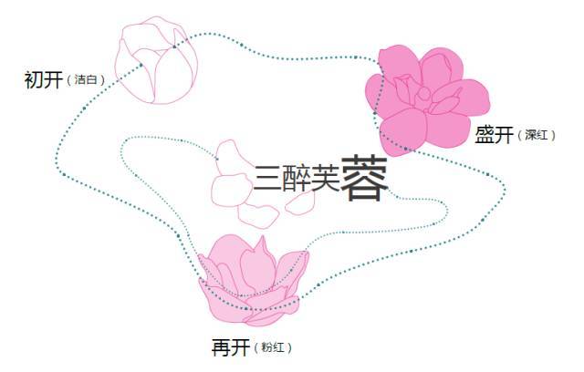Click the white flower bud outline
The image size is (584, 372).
[156, 60]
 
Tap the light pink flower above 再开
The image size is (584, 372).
[254, 281]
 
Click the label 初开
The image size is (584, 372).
[43, 80]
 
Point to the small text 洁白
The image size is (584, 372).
[86, 79]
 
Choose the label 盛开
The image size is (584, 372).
[494, 134]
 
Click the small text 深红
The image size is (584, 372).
[537, 135]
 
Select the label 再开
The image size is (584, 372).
[230, 347]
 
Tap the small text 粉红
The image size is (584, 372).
[273, 347]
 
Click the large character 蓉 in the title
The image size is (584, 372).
[364, 178]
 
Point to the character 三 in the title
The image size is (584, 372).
[267, 178]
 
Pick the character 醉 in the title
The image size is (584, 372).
[296, 178]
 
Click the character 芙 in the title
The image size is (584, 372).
[325, 178]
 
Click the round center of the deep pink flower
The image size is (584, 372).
[423, 94]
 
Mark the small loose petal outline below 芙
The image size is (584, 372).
[300, 203]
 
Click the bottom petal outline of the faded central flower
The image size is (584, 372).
[258, 215]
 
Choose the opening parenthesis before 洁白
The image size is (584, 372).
[69, 80]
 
